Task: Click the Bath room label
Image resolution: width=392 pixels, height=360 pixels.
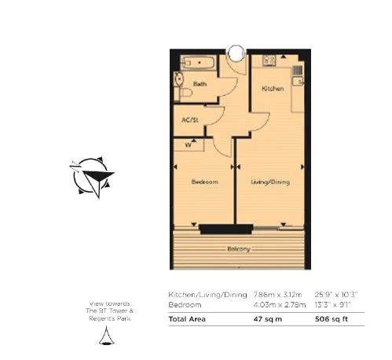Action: tap(200, 83)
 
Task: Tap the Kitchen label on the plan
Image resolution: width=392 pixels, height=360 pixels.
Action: tap(273, 89)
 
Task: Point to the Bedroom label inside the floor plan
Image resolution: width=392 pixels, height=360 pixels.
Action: tap(204, 182)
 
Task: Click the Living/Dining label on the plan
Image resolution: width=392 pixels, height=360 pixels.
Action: tap(270, 182)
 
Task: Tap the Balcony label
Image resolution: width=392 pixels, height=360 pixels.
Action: tap(239, 249)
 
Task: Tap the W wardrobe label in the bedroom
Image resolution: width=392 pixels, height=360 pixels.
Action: tap(189, 145)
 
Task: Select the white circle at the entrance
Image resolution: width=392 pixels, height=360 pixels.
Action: tap(235, 53)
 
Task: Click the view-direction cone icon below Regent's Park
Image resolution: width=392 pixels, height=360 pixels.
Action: tap(104, 337)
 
